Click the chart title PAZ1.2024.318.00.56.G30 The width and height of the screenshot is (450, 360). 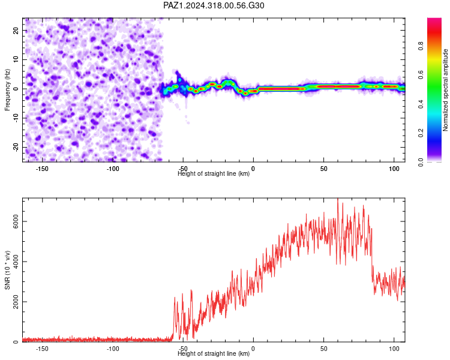click(214, 5)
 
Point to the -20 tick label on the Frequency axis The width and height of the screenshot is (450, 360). click(16, 147)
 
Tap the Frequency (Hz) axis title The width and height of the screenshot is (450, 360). click(7, 90)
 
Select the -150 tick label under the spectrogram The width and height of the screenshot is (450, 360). click(42, 169)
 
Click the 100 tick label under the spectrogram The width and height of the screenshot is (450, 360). click(394, 169)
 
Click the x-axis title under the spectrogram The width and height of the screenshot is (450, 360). click(214, 173)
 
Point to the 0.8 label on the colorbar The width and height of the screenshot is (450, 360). click(421, 46)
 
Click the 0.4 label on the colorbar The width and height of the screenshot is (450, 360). click(421, 104)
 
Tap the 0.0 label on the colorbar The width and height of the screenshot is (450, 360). click(421, 162)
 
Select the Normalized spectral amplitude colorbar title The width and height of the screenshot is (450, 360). click(445, 90)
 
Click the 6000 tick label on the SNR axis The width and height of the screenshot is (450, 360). click(16, 221)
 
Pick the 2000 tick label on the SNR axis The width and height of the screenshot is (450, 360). click(16, 302)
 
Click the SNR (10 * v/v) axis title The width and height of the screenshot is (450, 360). click(7, 270)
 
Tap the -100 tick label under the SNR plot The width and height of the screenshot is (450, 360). click(113, 349)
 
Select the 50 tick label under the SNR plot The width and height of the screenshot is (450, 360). click(324, 349)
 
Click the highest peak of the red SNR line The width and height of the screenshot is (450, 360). click(338, 199)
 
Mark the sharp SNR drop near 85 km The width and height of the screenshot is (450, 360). click(372, 253)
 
